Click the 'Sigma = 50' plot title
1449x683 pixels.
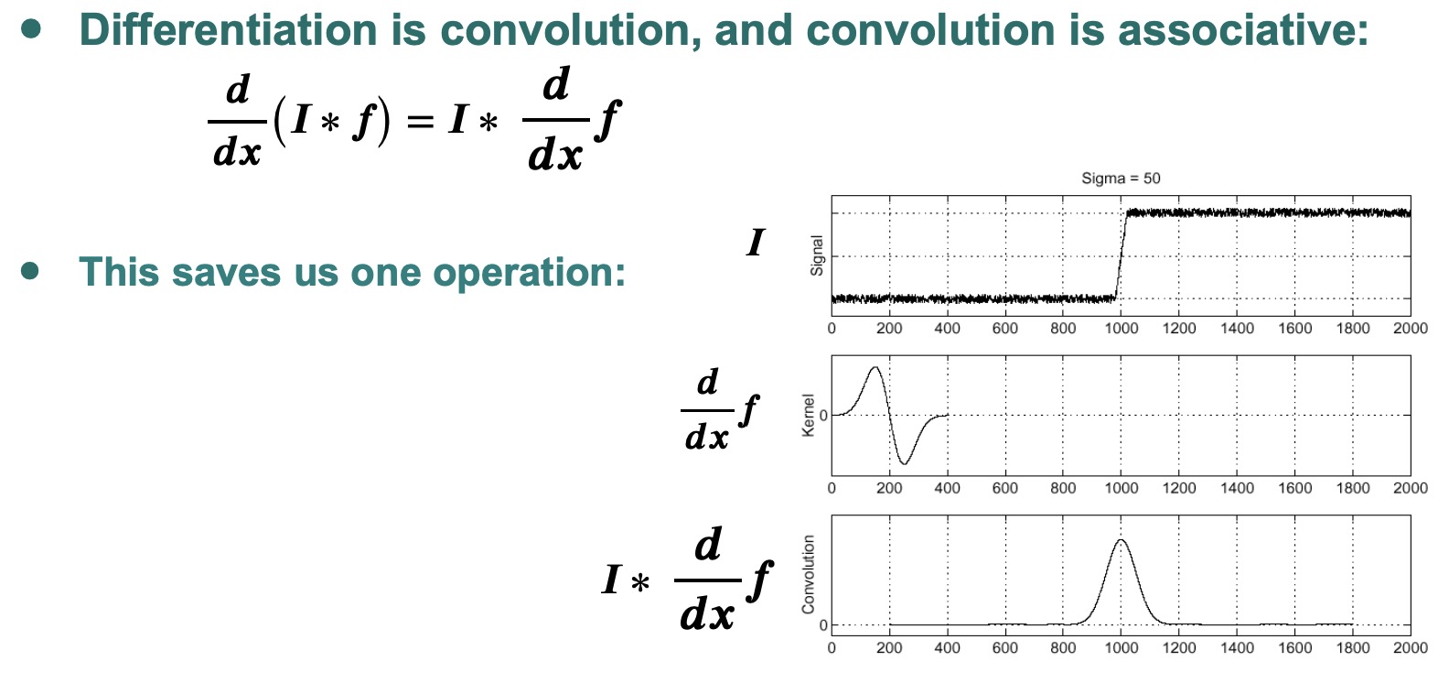click(x=1121, y=178)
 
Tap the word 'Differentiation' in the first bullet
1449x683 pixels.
click(x=228, y=30)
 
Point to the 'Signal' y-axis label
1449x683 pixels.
click(x=817, y=255)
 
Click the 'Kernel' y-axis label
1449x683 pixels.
click(x=809, y=416)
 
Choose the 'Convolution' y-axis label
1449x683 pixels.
click(x=809, y=574)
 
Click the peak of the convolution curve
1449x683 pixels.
click(x=1121, y=540)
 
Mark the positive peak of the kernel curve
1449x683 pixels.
click(x=875, y=368)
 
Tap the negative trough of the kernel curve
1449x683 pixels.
click(x=905, y=463)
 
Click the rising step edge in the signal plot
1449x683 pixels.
click(x=1121, y=255)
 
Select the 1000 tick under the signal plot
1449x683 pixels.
click(x=1121, y=329)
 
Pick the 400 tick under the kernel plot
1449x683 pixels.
click(x=947, y=488)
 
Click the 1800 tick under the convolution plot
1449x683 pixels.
click(x=1353, y=647)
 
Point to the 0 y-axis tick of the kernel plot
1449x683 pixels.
click(x=822, y=415)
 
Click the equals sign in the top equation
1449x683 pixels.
click(x=420, y=121)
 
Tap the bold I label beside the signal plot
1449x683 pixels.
click(x=755, y=244)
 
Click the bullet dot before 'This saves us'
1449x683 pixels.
click(x=30, y=271)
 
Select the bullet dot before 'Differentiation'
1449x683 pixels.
click(x=30, y=28)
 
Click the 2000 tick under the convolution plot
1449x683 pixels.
click(x=1411, y=647)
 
